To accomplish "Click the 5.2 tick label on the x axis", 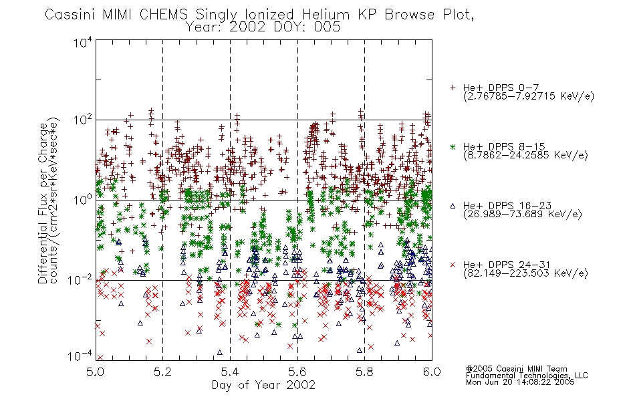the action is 163,372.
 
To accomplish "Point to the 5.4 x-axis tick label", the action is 230,372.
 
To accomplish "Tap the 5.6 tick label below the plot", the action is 297,372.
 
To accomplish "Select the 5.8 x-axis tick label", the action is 365,372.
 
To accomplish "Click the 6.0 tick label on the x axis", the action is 432,372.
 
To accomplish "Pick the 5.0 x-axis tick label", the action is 96,372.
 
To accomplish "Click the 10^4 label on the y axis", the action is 83,42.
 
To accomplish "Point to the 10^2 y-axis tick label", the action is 83,120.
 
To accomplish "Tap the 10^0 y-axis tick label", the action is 83,200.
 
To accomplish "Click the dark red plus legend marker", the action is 453,88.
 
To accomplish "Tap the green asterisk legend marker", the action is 453,146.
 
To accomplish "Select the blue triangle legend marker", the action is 453,206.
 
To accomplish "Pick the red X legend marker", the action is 453,265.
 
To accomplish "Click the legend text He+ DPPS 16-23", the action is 507,206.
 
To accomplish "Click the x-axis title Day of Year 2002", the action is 263,385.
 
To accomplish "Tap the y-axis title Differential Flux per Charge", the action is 43,203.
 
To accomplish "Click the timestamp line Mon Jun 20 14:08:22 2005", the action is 520,382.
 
